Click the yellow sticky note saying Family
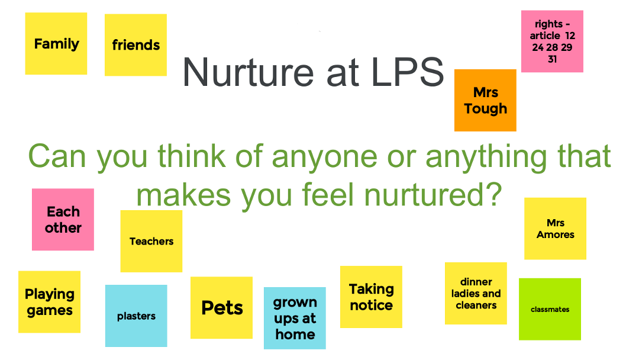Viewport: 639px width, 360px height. click(x=56, y=44)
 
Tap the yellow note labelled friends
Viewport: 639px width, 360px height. click(x=135, y=45)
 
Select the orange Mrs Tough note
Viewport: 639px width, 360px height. click(x=485, y=100)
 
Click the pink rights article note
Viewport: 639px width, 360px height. click(x=552, y=41)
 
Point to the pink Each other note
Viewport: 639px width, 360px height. click(x=63, y=219)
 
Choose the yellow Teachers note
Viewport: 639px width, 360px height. click(x=151, y=241)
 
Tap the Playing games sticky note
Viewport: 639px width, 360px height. click(x=49, y=302)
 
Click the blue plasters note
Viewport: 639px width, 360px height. click(x=136, y=316)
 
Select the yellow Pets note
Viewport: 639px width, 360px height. click(x=222, y=308)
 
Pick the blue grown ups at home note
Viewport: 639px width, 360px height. click(x=295, y=319)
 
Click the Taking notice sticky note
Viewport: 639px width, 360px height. click(x=371, y=297)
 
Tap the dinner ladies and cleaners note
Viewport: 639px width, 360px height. click(x=476, y=294)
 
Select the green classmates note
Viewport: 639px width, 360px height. click(x=550, y=309)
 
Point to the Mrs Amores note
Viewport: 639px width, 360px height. click(x=556, y=229)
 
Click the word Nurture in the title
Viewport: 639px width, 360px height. click(x=248, y=73)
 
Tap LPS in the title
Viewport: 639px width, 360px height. click(x=408, y=73)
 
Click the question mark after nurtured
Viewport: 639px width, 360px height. click(x=494, y=194)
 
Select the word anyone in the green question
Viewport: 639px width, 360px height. click(x=324, y=156)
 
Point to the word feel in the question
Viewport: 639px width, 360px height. click(x=328, y=194)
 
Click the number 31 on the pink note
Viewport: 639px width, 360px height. click(x=552, y=59)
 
